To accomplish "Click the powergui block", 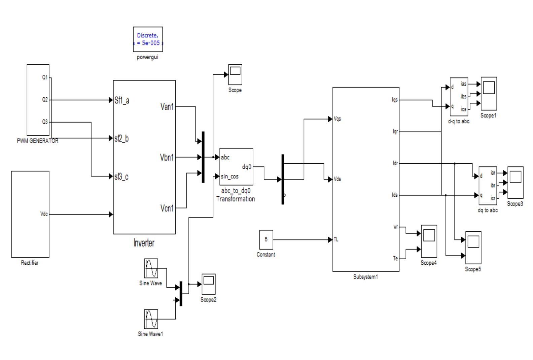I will coord(148,39).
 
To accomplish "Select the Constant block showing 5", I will coord(266,239).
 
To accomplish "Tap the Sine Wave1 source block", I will coord(151,319).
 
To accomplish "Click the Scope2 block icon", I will coord(208,284).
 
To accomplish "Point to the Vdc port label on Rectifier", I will coord(44,214).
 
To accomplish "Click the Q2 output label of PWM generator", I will coord(45,100).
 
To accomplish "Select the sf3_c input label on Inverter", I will coord(121,176).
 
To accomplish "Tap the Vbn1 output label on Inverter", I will coord(167,157).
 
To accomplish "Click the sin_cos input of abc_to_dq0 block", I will coord(230,176).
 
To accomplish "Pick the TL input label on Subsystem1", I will coord(336,240).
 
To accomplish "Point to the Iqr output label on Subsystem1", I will coord(395,132).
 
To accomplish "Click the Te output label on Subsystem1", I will coord(395,259).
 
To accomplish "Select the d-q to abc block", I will coord(459,97).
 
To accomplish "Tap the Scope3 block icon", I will coord(515,182).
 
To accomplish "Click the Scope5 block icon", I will coord(473,248).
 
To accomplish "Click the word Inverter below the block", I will coord(144,243).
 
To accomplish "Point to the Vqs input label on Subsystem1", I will coord(337,119).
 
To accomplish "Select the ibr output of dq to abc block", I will coord(493,185).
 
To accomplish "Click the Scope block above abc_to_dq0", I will coord(235,74).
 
